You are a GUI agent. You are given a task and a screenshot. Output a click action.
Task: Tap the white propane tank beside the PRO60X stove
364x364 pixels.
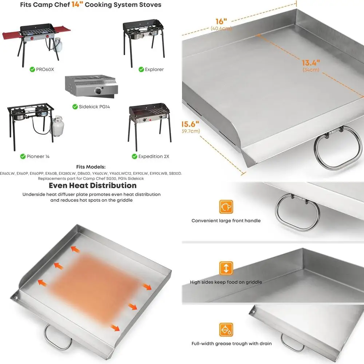[57, 45]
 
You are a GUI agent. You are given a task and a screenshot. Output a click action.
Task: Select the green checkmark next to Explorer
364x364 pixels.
[141, 69]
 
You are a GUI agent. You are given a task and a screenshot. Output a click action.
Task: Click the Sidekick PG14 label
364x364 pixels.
[94, 107]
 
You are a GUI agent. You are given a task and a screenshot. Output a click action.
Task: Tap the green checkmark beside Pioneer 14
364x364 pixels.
[23, 157]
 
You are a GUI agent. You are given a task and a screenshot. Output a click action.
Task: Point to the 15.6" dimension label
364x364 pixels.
[190, 124]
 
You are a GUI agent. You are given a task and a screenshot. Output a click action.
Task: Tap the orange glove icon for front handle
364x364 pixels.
[226, 207]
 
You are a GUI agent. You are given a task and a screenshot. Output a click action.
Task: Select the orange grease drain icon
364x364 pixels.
[226, 330]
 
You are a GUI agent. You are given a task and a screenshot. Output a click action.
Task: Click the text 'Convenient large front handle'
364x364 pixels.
[226, 221]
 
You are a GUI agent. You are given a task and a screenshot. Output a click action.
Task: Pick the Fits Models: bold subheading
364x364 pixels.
[91, 167]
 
